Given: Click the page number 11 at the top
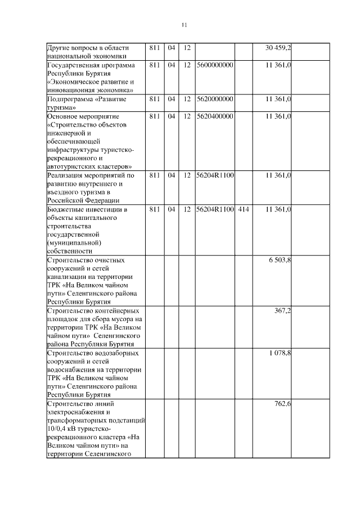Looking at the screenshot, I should coord(184,25).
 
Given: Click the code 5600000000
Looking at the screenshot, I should coord(215,65).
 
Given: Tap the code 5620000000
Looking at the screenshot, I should coord(215,99).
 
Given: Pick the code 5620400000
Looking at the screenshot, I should coord(215,116).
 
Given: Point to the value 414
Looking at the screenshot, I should coord(243,209).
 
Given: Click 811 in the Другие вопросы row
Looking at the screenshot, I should coord(155,47).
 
